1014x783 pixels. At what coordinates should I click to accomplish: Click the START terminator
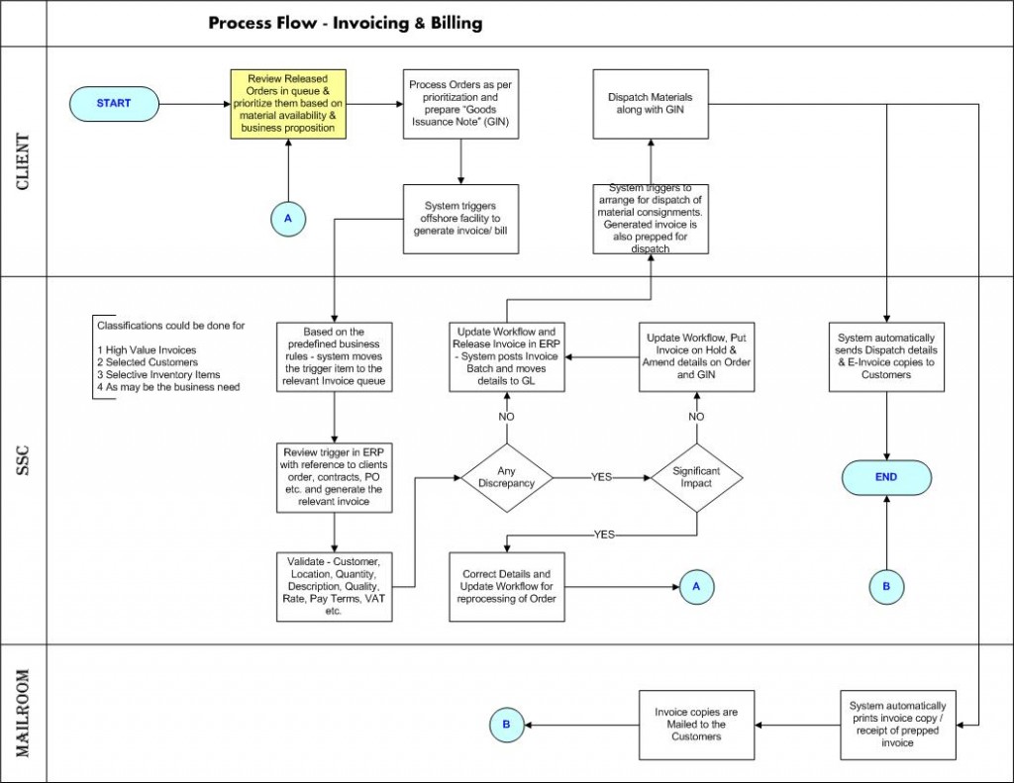[x=114, y=104]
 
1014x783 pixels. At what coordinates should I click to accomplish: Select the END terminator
[x=886, y=477]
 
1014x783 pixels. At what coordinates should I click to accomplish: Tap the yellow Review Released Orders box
[x=288, y=104]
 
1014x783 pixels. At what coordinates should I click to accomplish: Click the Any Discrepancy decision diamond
[x=506, y=478]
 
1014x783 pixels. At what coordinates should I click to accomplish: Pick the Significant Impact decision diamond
[x=696, y=478]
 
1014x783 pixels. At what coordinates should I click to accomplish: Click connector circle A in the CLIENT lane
[x=288, y=219]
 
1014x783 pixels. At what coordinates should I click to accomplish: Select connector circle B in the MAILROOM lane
[x=506, y=725]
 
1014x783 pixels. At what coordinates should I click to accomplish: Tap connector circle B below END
[x=886, y=587]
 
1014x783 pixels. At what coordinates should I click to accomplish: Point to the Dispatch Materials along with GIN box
[x=651, y=104]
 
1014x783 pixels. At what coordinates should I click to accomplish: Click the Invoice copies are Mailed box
[x=696, y=725]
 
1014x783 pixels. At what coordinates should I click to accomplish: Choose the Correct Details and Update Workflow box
[x=507, y=586]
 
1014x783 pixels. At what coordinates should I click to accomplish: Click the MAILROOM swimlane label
[x=24, y=713]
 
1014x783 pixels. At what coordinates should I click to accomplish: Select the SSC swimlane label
[x=24, y=460]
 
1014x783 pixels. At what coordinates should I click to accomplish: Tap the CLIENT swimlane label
[x=24, y=161]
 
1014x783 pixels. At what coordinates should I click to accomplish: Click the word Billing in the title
[x=457, y=24]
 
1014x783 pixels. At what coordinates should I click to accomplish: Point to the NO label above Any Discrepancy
[x=506, y=417]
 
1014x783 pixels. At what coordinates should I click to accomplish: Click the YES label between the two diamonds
[x=601, y=477]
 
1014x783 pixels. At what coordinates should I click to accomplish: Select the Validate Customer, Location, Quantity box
[x=335, y=586]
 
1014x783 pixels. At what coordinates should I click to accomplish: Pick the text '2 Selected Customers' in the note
[x=148, y=362]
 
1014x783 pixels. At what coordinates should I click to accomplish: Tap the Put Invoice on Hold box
[x=696, y=357]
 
